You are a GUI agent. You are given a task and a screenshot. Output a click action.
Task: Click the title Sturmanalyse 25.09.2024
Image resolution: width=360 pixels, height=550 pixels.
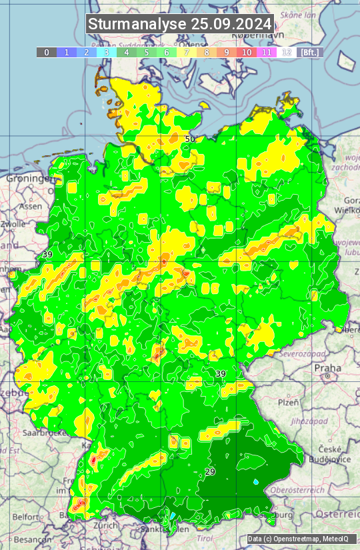coord(180,25)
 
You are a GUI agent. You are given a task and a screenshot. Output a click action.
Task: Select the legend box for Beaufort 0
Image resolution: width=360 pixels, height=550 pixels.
coord(47,52)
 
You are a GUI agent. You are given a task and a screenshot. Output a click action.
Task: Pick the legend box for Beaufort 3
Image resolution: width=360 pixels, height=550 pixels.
coord(107,52)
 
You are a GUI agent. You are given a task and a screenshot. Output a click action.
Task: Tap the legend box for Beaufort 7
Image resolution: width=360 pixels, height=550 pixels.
coord(187,52)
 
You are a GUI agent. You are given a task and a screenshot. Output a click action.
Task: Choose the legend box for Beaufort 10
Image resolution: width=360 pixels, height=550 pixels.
coord(247,52)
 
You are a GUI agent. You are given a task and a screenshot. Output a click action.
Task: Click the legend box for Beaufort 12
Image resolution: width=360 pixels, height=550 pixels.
coord(287,52)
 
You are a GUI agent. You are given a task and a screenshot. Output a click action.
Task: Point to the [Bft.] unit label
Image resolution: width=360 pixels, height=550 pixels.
coord(309,52)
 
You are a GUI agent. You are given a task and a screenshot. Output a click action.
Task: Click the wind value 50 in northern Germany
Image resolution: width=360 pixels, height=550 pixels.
coord(190,139)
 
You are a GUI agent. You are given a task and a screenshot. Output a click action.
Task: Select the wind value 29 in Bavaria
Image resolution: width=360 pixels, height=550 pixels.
coord(210,472)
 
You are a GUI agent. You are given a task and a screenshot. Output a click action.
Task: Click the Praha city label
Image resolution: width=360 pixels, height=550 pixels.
coord(328,367)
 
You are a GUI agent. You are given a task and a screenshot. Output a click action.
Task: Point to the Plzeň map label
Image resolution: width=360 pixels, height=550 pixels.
coord(288,402)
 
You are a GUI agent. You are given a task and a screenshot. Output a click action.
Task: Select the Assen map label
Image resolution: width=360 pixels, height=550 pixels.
coord(30,207)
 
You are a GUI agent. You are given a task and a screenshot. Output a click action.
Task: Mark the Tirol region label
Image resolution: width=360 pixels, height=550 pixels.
coord(205,537)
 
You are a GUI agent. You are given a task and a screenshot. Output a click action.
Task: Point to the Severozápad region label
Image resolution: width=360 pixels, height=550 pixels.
coord(302,353)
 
